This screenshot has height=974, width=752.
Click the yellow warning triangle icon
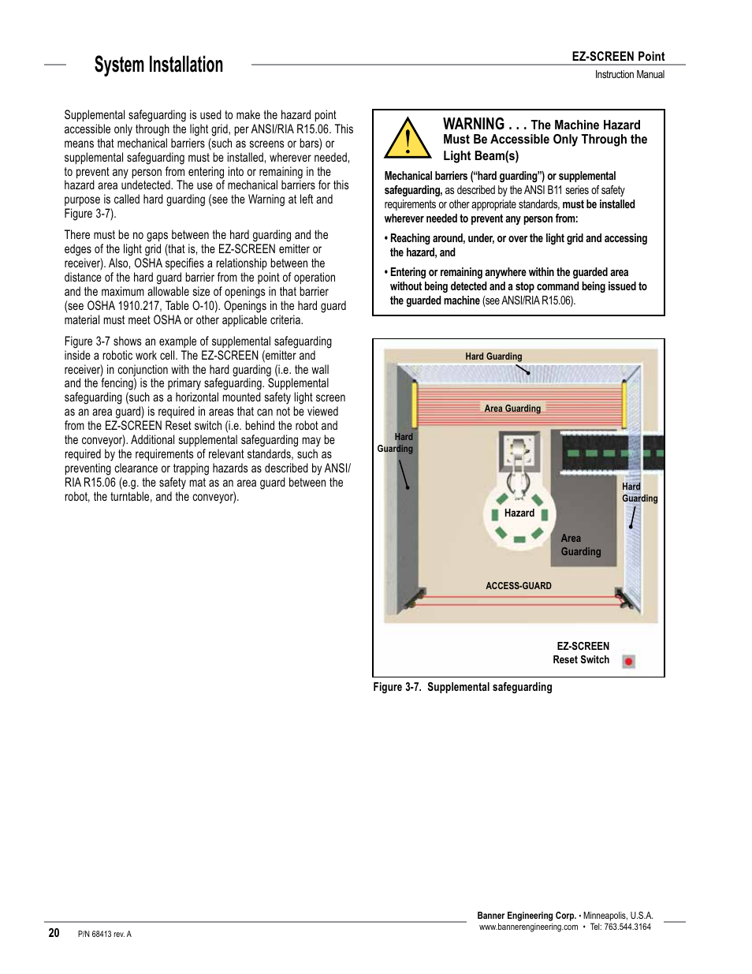(407, 139)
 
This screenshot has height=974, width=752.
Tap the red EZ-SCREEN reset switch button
(628, 662)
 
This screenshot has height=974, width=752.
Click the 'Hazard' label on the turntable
(519, 513)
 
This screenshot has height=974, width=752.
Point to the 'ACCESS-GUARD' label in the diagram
(519, 586)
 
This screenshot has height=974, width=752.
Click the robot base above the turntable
(520, 450)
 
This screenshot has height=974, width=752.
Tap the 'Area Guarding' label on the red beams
(512, 409)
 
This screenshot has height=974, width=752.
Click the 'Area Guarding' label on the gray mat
(580, 545)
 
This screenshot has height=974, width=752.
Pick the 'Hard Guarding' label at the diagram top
(493, 356)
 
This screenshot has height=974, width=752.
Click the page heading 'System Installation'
(158, 65)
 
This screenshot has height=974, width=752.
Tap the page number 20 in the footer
(54, 933)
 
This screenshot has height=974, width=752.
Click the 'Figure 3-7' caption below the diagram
(463, 687)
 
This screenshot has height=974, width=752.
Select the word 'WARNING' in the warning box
(474, 124)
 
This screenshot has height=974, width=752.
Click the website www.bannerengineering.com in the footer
(528, 927)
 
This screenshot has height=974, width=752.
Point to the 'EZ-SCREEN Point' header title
(618, 56)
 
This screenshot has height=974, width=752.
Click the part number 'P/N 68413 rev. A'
(105, 934)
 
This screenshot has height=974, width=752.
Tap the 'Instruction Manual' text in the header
(629, 75)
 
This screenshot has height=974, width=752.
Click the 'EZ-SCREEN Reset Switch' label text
(582, 653)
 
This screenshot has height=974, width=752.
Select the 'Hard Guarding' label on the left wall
(396, 442)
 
